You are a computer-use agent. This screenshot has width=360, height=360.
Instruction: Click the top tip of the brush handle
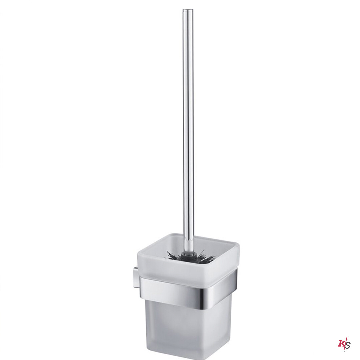[x=188, y=11]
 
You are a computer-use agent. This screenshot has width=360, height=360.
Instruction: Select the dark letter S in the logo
[x=348, y=345]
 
